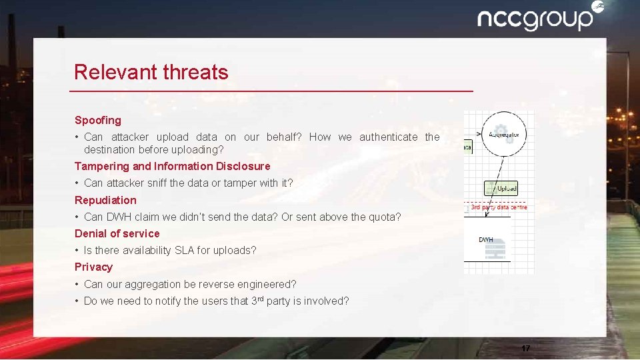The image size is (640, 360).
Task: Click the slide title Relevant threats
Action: point(151,72)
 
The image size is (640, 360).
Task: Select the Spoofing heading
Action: point(98,121)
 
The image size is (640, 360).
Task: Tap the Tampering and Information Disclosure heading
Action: point(172,166)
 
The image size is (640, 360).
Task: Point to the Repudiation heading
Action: point(105,200)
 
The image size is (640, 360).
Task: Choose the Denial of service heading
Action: point(117,233)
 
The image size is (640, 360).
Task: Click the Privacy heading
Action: point(93,267)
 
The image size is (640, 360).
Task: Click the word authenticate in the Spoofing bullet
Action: point(389,137)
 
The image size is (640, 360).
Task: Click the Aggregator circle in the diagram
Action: point(503,134)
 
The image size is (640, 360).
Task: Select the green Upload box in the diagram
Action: point(501,189)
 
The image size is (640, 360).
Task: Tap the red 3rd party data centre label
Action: point(498,207)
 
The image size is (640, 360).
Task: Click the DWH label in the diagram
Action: point(486,239)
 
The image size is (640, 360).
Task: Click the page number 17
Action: point(525,349)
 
